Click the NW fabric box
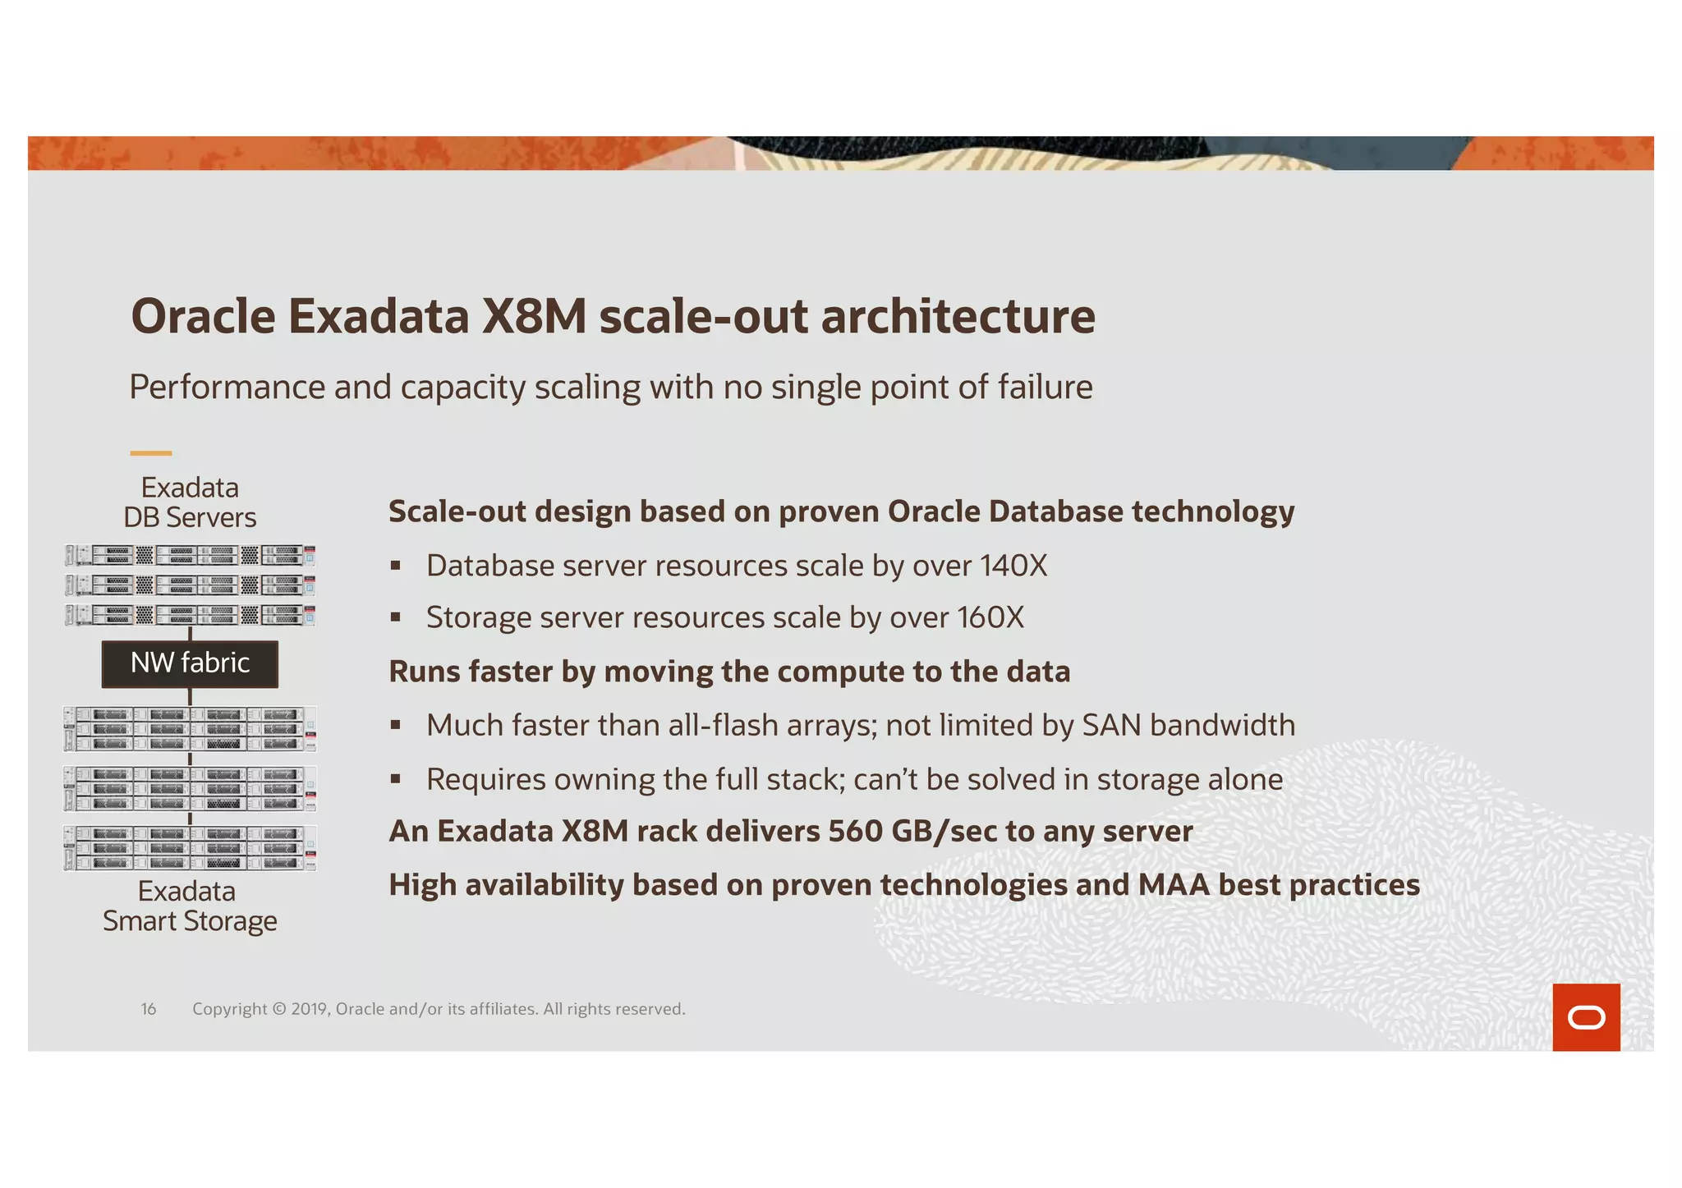pyautogui.click(x=190, y=663)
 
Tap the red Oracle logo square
pyautogui.click(x=1585, y=1016)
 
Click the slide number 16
pyautogui.click(x=149, y=1009)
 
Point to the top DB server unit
pyautogui.click(x=190, y=556)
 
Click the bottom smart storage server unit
pyautogui.click(x=190, y=847)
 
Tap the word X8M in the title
pyautogui.click(x=534, y=316)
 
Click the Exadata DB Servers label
pyautogui.click(x=190, y=502)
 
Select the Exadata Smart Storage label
pyautogui.click(x=190, y=906)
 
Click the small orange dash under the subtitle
pyautogui.click(x=151, y=452)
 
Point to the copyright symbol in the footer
pyautogui.click(x=279, y=1009)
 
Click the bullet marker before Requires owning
pyautogui.click(x=396, y=779)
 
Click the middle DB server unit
pyautogui.click(x=190, y=585)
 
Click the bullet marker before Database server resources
pyautogui.click(x=396, y=566)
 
